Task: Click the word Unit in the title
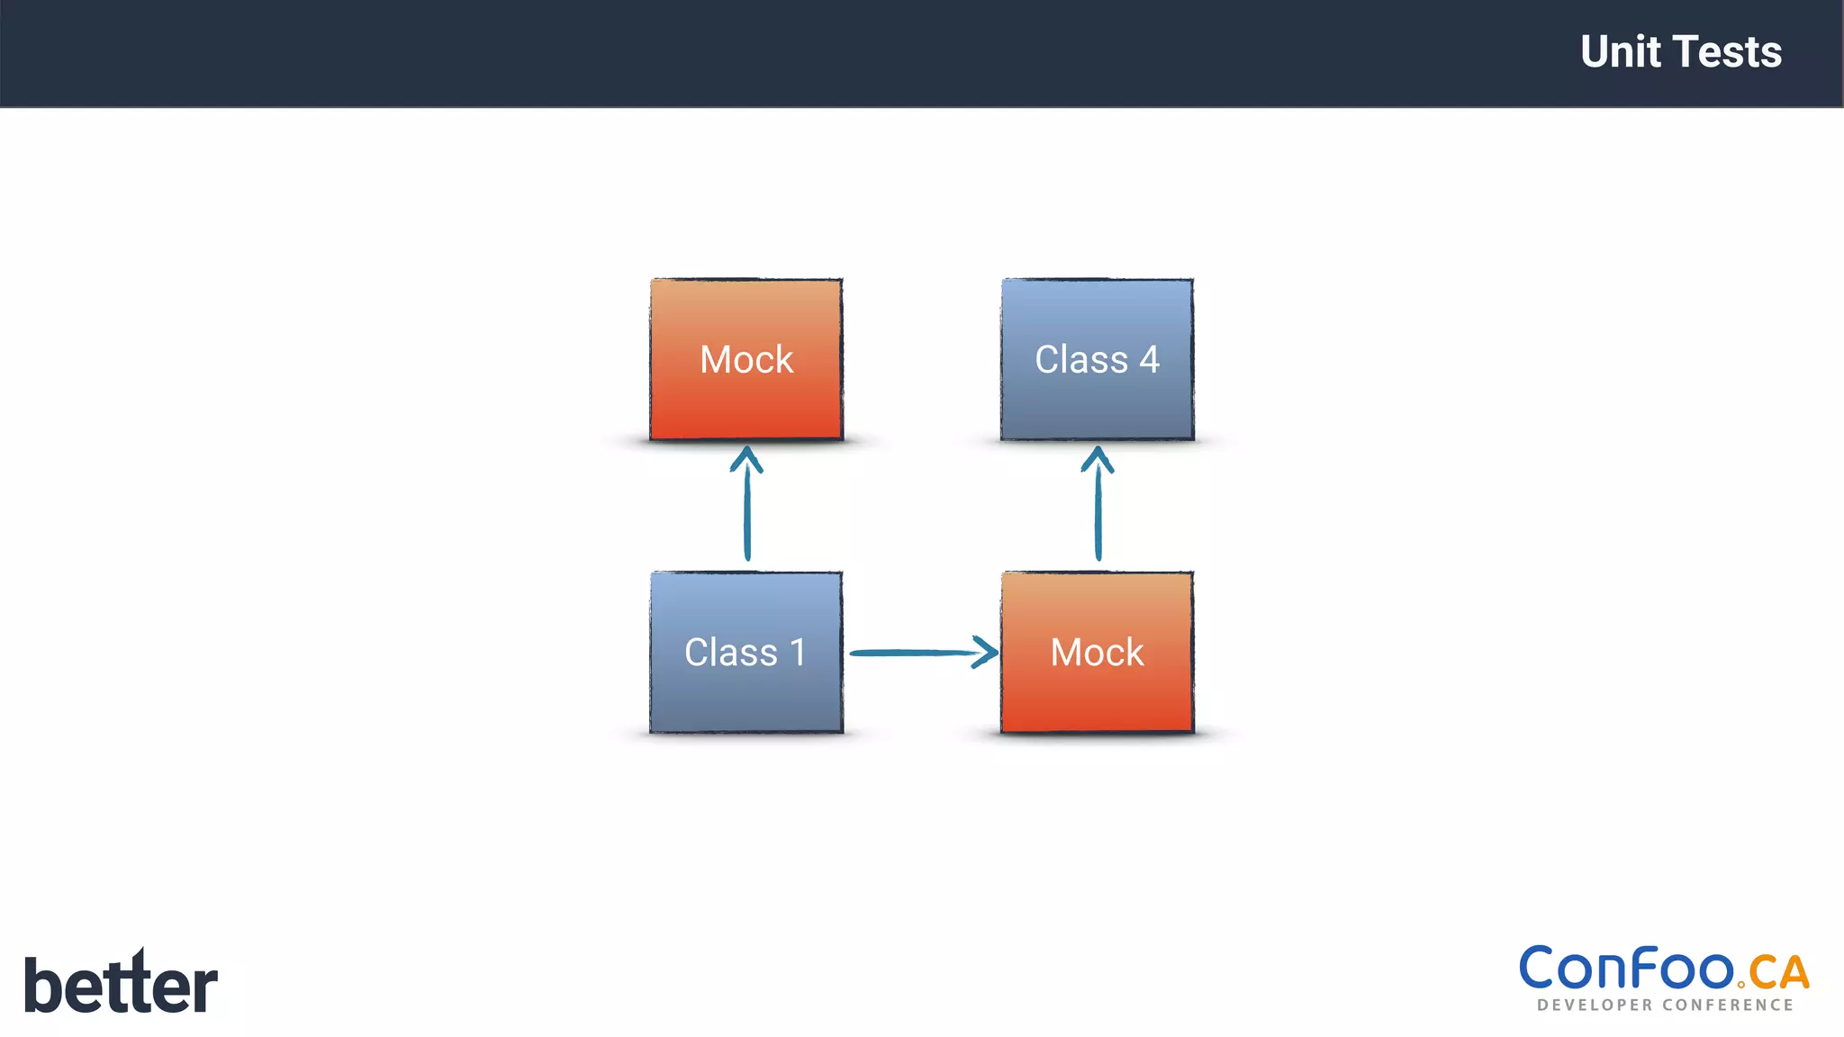coord(1620,52)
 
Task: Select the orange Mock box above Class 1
coord(746,359)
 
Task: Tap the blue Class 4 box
coord(1097,359)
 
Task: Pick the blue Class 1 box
coord(746,652)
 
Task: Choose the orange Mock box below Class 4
coord(1097,652)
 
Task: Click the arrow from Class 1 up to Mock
coord(747,513)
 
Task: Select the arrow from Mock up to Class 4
coord(1098,513)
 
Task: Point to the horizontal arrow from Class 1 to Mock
coord(909,653)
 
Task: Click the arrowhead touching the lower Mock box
coord(987,652)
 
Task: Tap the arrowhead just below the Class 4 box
coord(1098,458)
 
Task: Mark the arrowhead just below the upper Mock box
coord(746,458)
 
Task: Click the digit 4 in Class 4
coord(1149,360)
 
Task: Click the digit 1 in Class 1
coord(797,653)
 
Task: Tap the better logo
coord(121,984)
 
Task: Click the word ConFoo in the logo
coord(1626,969)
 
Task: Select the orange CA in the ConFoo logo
coord(1778,973)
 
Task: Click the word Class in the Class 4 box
coord(1080,360)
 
